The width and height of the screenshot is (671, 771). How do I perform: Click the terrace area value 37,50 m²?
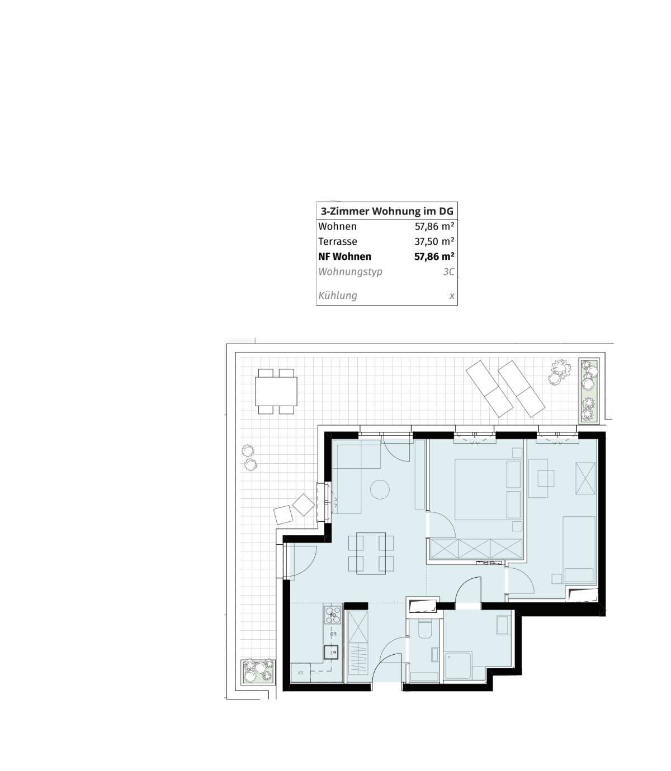point(434,241)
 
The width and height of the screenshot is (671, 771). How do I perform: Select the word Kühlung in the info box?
point(337,296)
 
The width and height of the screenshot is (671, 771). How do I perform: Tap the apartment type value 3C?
point(448,272)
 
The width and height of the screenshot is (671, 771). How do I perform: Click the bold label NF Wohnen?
point(344,256)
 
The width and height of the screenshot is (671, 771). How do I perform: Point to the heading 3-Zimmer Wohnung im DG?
point(386,211)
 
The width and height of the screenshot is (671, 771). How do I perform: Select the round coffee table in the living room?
point(380,489)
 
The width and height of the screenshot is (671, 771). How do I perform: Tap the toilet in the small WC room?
point(425,630)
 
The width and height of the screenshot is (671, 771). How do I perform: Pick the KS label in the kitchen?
point(301,673)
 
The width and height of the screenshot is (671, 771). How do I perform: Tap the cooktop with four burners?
point(333,615)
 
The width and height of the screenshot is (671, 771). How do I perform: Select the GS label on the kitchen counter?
point(333,634)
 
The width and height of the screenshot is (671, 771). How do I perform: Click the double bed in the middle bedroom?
point(481,489)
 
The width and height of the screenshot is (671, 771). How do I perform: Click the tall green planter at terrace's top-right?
point(589,390)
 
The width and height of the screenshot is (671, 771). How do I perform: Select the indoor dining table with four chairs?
point(371,554)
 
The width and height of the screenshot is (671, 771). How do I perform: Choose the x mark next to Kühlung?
point(452,296)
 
